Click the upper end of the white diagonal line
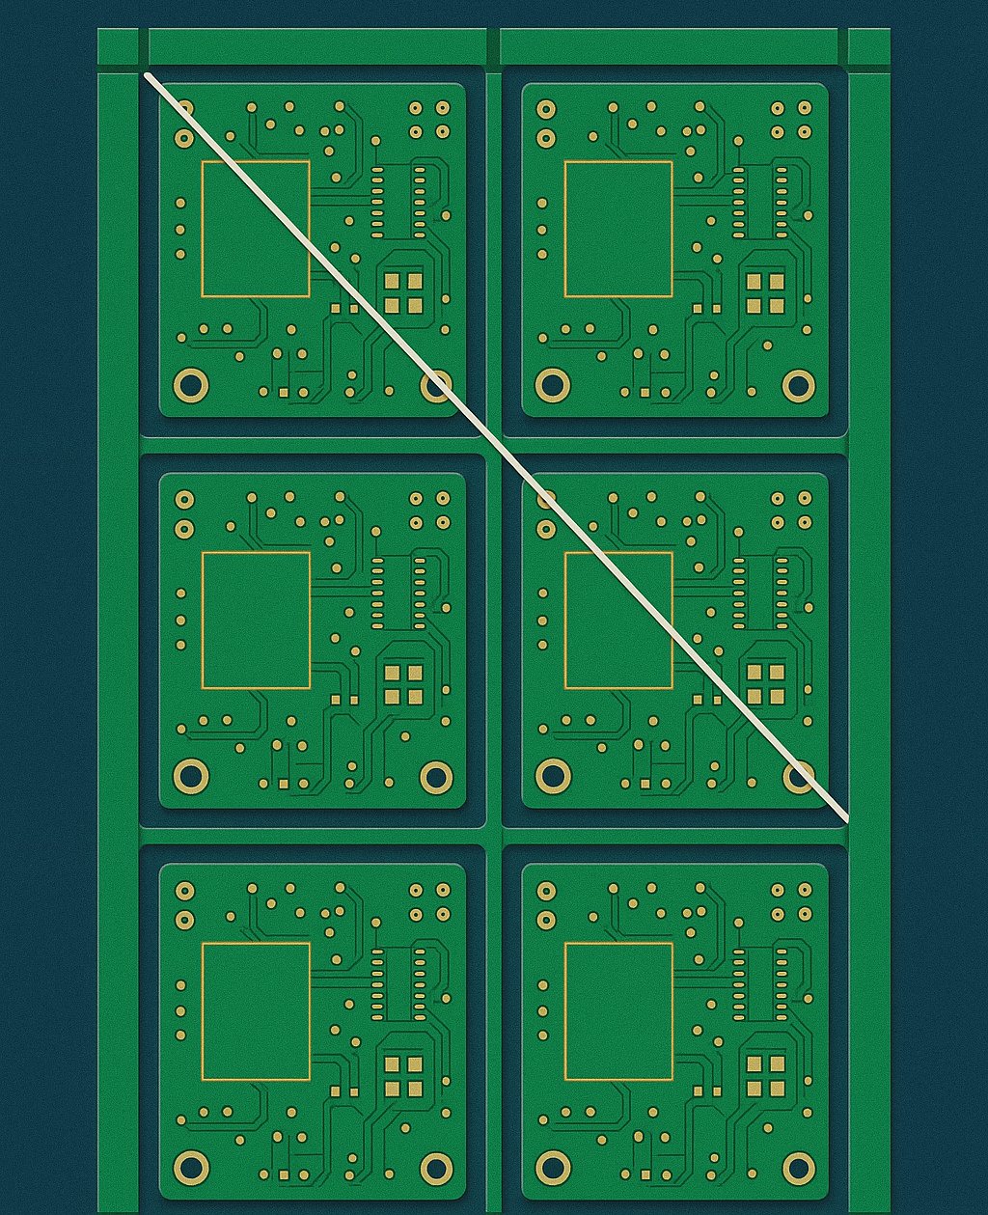147,74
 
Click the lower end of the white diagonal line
846,819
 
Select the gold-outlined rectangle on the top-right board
618,229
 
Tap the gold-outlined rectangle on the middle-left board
256,621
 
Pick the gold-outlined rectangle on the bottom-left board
256,1011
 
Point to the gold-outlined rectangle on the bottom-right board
618,1011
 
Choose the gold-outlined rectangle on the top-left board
256,229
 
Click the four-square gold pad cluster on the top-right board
765,293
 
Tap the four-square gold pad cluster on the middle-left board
403,683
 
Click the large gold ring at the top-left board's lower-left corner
190,385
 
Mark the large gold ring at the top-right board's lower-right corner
799,385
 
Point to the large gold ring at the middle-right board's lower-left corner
553,775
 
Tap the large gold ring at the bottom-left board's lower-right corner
436,1168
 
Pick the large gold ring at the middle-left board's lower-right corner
436,776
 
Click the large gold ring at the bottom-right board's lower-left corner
553,1168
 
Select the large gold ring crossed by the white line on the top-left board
436,386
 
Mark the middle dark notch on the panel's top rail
493,47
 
